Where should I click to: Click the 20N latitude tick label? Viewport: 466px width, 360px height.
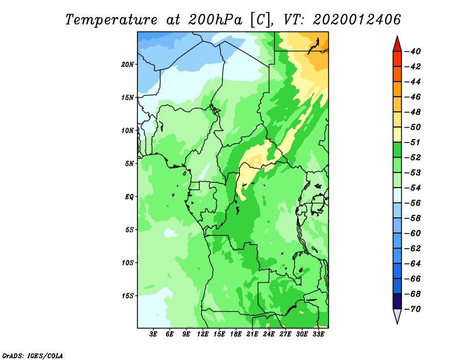pyautogui.click(x=128, y=65)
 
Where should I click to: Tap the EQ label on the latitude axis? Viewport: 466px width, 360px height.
pyautogui.click(x=129, y=197)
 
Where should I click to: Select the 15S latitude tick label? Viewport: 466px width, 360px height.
pyautogui.click(x=128, y=296)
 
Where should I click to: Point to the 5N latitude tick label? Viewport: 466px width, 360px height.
pyautogui.click(x=129, y=164)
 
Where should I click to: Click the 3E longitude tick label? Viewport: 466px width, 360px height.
pyautogui.click(x=153, y=334)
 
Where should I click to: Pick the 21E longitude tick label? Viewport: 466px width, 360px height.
pyautogui.click(x=252, y=334)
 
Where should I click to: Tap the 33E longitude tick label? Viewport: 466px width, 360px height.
pyautogui.click(x=318, y=334)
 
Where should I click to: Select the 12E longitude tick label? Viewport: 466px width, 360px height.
pyautogui.click(x=203, y=334)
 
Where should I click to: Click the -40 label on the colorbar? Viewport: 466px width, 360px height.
pyautogui.click(x=413, y=51)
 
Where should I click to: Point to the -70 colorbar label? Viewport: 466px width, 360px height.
pyautogui.click(x=413, y=309)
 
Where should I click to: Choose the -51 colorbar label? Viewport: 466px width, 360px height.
pyautogui.click(x=413, y=142)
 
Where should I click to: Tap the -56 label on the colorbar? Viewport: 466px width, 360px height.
pyautogui.click(x=413, y=203)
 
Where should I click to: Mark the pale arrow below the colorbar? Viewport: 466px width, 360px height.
pyautogui.click(x=397, y=315)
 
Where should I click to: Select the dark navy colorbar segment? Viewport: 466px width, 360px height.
pyautogui.click(x=397, y=301)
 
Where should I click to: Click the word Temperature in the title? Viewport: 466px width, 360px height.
pyautogui.click(x=111, y=20)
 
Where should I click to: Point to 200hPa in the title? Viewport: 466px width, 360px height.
pyautogui.click(x=216, y=20)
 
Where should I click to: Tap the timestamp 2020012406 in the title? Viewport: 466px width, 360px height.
pyautogui.click(x=357, y=20)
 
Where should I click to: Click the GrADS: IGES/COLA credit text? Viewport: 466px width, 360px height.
pyautogui.click(x=33, y=356)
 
